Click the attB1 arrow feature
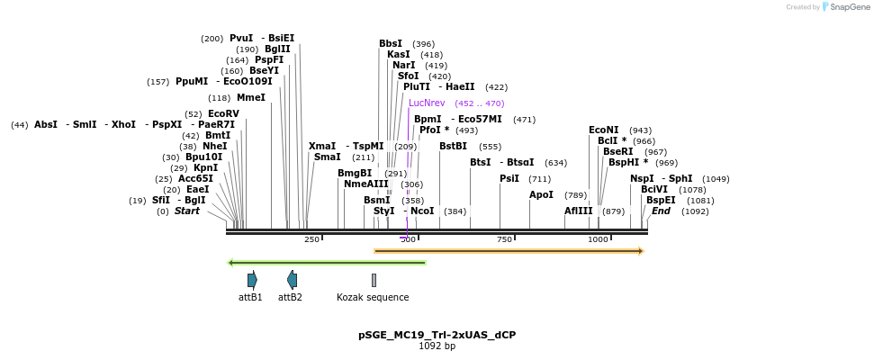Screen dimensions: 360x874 (x=252, y=280)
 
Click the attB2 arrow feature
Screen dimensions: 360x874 (x=291, y=280)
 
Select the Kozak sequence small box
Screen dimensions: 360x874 (x=374, y=280)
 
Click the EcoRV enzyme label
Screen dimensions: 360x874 (x=223, y=113)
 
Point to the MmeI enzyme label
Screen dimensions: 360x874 (x=250, y=97)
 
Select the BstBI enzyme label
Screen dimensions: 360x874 (x=453, y=146)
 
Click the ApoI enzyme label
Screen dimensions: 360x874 (x=541, y=194)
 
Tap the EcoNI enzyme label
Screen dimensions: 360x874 (x=603, y=130)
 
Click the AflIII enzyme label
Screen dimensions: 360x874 (x=579, y=211)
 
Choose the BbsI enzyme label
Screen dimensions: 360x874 (x=391, y=43)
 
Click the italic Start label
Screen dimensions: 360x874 (x=187, y=211)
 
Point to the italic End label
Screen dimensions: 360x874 (x=661, y=211)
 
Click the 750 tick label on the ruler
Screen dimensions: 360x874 (x=504, y=239)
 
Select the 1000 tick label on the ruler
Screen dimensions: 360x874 (x=598, y=239)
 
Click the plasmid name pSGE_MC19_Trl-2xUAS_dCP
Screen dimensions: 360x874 (x=437, y=335)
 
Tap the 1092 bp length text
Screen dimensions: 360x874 (x=437, y=346)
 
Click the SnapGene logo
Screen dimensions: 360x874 (x=843, y=7)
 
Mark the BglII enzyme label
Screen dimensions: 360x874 (x=277, y=49)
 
